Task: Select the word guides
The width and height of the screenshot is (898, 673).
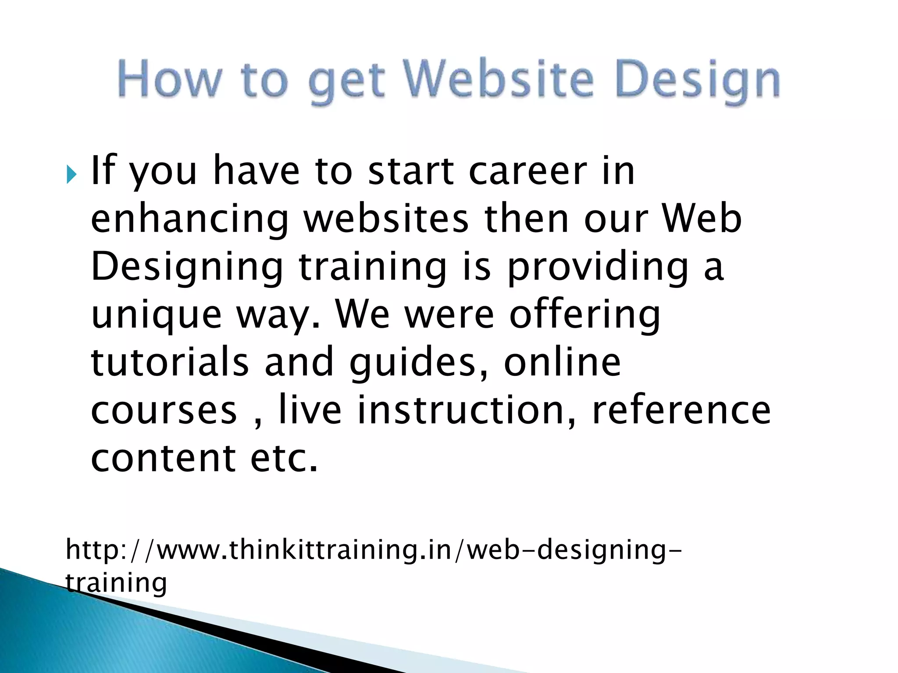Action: (x=413, y=364)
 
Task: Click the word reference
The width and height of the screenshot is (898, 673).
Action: (x=681, y=411)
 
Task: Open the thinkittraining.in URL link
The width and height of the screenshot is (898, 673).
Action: (x=373, y=550)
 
